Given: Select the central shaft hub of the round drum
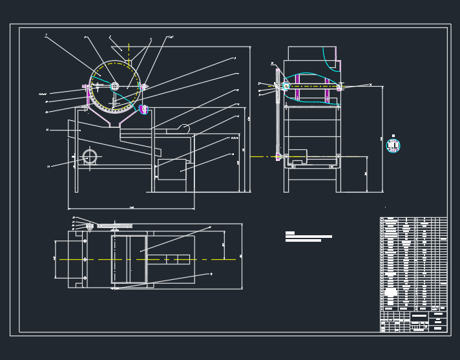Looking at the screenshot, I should [114, 86].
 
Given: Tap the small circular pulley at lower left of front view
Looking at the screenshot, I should [89, 156].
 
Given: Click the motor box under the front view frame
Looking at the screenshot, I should [171, 169].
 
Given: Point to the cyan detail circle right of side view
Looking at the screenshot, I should [393, 145].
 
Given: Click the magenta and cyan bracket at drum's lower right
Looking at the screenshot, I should [143, 109].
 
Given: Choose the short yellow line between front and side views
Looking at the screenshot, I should [262, 156].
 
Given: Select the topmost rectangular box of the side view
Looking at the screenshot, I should [311, 53].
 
